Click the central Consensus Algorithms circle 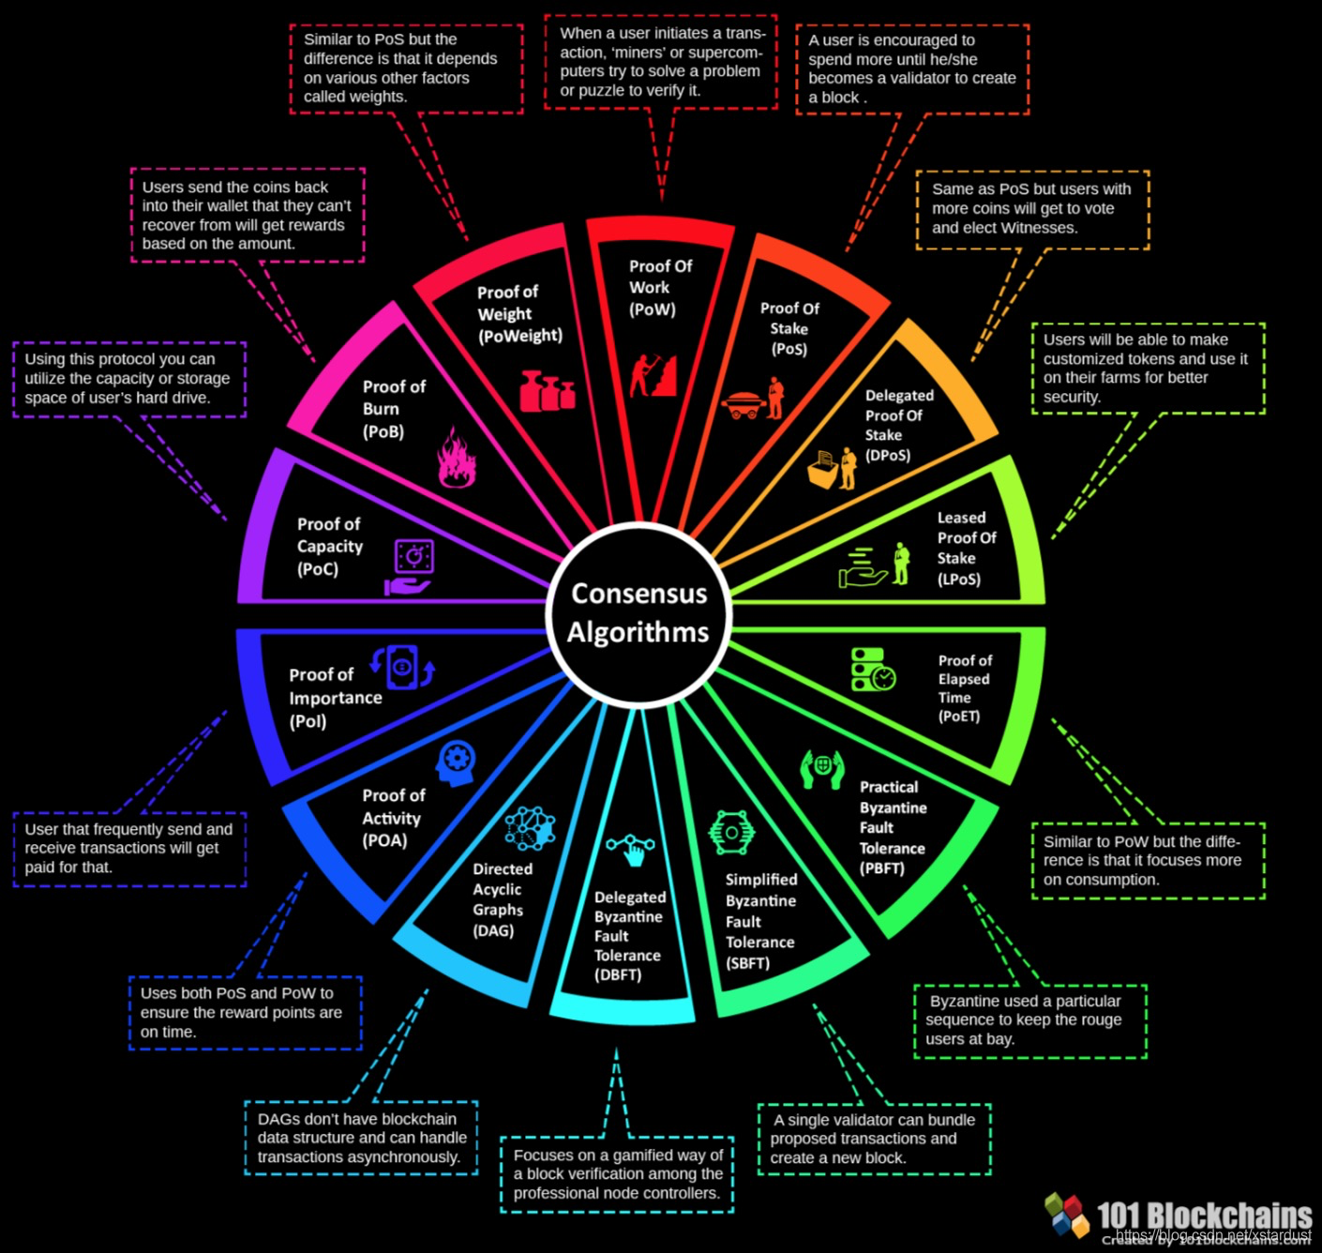coord(639,613)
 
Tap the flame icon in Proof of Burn coord(457,458)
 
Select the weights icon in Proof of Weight coord(547,391)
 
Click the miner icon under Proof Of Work coord(653,374)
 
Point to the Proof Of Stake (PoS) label coord(789,328)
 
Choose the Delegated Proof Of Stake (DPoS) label coord(897,426)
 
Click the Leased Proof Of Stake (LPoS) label coord(966,548)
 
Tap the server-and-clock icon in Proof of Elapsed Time coord(873,670)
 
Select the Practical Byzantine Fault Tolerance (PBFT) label coord(892,827)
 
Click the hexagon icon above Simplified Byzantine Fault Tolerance coord(731,832)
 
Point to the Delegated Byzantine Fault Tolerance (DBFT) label coord(628,935)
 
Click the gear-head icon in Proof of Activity coord(457,762)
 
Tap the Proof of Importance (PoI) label coord(335,698)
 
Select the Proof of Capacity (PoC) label coord(329,547)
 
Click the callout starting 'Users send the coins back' coord(248,215)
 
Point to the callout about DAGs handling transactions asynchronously coord(362,1138)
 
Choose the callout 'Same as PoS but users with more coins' coord(1032,209)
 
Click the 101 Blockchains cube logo coord(1067,1214)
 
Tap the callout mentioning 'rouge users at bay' coord(1030,1020)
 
